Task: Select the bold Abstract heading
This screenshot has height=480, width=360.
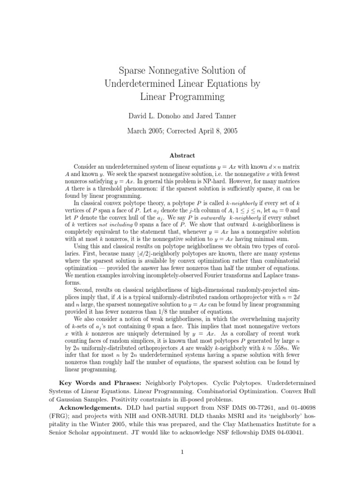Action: tap(180, 156)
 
